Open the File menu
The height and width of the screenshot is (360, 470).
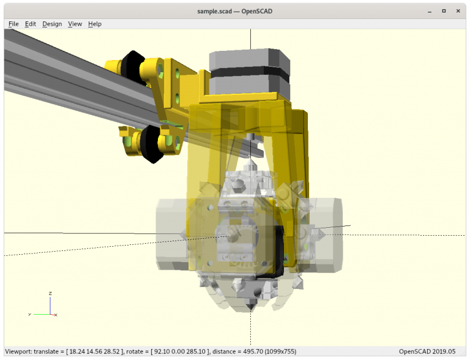pos(13,24)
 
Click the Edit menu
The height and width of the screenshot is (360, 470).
pos(31,24)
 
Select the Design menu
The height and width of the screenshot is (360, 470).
pos(52,24)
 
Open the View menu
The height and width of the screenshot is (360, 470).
pos(75,24)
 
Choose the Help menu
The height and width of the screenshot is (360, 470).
pos(95,24)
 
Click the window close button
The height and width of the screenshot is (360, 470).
pos(460,10)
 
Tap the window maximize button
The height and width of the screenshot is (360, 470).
pos(444,10)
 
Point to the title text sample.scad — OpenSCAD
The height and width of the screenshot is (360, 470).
pos(234,10)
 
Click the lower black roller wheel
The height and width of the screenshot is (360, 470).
pos(150,144)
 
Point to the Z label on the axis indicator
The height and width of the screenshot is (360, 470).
pos(50,293)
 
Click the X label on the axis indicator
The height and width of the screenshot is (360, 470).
pos(56,315)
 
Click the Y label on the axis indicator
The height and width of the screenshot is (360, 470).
pos(29,314)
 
